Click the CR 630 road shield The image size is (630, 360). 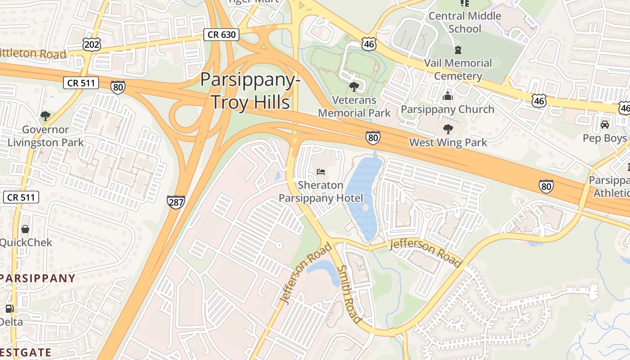[x=221, y=34]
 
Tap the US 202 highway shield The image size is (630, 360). [x=91, y=44]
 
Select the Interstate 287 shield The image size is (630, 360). [x=175, y=202]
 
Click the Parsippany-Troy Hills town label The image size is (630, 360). [x=251, y=91]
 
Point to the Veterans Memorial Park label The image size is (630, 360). [x=354, y=106]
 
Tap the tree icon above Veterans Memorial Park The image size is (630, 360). [x=354, y=86]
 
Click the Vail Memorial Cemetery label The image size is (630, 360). [x=458, y=69]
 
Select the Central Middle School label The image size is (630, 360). [x=465, y=22]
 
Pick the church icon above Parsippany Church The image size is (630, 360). [x=447, y=96]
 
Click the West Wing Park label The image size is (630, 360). [x=448, y=143]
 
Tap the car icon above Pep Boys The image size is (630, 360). [x=604, y=124]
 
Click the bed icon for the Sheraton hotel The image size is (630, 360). [x=321, y=172]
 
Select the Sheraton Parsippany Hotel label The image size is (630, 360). [x=320, y=192]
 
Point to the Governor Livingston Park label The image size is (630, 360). [x=45, y=136]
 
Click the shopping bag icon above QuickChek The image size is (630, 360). [x=25, y=229]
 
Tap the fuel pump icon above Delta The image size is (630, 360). [x=9, y=309]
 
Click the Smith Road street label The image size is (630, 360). [x=349, y=294]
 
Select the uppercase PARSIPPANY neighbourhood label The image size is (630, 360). [x=38, y=278]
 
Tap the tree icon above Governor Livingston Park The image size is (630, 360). [x=45, y=116]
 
